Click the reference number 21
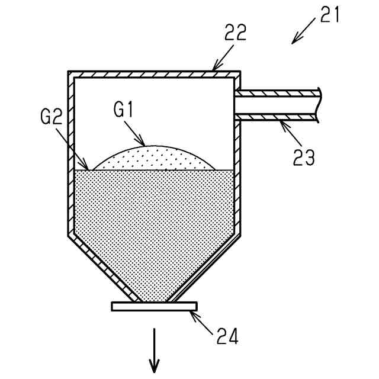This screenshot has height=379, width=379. point(330,14)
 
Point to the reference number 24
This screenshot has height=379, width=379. point(226,337)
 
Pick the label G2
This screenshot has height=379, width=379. point(52,117)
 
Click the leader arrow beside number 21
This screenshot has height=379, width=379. point(304,31)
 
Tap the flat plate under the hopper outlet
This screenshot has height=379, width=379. point(154,306)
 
